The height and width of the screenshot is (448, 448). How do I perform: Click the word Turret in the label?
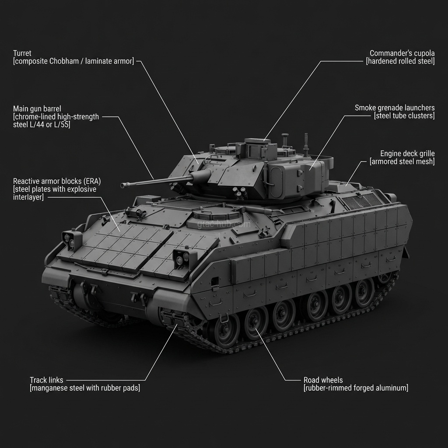tap(22, 53)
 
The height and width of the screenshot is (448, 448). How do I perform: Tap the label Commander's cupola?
tap(402, 53)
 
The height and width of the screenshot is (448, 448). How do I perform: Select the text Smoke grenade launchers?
tap(395, 108)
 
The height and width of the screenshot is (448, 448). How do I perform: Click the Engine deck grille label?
tap(407, 154)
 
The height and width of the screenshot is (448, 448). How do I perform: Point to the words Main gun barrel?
tap(37, 108)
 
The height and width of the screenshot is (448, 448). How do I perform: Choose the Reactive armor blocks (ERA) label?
tap(57, 181)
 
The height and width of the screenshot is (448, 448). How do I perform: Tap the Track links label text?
tap(46, 380)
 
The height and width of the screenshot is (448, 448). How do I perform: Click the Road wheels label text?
tap(323, 380)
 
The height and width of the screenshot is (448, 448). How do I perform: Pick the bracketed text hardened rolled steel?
tap(400, 62)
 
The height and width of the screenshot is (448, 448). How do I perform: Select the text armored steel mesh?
tap(402, 162)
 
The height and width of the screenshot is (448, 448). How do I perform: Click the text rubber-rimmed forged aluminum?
tap(356, 388)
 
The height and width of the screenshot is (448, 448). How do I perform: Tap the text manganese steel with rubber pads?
tap(85, 388)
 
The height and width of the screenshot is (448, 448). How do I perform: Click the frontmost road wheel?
tap(227, 328)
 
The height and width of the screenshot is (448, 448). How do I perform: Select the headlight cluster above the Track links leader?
tap(181, 259)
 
